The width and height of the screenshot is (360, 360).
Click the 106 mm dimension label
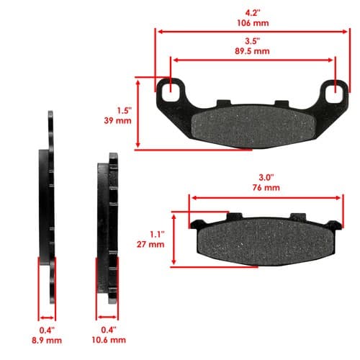tap(253, 23)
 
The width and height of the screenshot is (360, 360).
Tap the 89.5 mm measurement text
tap(252, 51)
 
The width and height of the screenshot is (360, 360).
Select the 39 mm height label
tap(117, 120)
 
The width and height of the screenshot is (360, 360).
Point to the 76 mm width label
tap(266, 188)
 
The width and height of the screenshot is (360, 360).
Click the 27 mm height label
tap(150, 245)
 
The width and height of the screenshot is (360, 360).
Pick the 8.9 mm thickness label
tap(47, 341)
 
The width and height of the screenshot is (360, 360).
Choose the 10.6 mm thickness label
tap(109, 340)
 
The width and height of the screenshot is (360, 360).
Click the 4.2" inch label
tap(253, 13)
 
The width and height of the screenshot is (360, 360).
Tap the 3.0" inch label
tap(266, 177)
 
